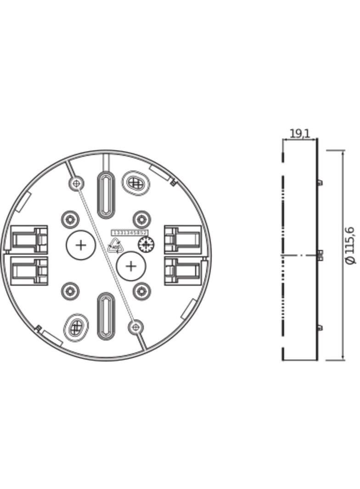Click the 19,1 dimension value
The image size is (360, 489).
click(299, 133)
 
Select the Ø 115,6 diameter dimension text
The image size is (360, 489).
click(350, 245)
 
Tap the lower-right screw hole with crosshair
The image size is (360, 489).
click(135, 327)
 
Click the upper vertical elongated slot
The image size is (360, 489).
click(106, 194)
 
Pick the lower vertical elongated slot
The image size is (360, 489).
click(106, 316)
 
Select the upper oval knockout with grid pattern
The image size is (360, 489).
click(135, 183)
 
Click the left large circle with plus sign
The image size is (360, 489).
click(80, 245)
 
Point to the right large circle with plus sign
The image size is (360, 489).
click(131, 266)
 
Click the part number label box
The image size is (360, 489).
click(129, 233)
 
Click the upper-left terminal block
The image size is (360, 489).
click(29, 239)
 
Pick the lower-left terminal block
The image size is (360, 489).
click(29, 271)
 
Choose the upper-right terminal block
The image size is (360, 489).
click(183, 239)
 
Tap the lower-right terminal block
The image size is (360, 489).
click(183, 271)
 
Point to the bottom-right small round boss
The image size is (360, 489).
click(141, 290)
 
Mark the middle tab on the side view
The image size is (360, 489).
click(321, 255)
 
